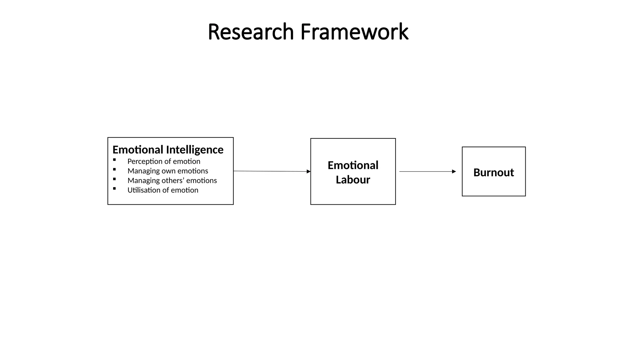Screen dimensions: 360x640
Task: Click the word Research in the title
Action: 251,32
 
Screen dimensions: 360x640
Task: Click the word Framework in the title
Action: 354,32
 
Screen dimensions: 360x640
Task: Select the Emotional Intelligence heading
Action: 168,150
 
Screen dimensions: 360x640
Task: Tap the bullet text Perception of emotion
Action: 164,162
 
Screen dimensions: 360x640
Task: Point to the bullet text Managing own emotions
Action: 168,171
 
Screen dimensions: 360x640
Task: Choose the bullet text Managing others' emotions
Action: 172,181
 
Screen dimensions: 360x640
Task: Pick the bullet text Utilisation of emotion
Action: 163,190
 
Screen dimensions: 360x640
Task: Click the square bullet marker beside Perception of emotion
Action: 114,160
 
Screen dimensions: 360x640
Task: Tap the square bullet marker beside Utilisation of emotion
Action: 114,188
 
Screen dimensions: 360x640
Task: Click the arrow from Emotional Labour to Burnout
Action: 427,172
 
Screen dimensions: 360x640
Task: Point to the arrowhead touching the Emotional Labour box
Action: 308,172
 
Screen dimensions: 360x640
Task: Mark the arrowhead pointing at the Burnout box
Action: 454,172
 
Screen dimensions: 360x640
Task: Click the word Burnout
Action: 493,172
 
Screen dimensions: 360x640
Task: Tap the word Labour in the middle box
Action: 353,180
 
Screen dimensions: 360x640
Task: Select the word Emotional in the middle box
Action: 353,165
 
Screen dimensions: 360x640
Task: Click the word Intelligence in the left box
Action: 195,150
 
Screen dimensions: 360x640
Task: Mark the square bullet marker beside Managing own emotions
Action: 114,169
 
